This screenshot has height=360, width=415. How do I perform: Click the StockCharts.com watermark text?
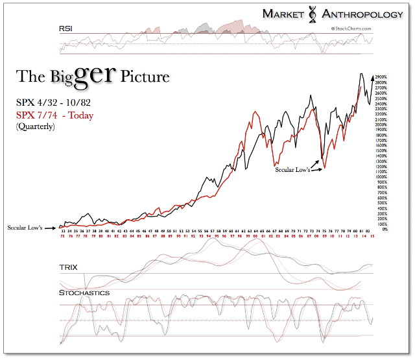[350, 29]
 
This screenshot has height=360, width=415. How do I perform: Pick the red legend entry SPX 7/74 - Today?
[54, 115]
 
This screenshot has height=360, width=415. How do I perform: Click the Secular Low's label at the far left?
[25, 228]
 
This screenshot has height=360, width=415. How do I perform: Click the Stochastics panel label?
[84, 293]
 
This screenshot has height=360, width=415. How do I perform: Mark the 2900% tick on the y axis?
[382, 77]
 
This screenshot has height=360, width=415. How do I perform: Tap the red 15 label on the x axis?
[373, 236]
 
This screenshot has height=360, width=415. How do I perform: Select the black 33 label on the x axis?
[62, 230]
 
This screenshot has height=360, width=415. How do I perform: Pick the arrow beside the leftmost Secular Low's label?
[50, 228]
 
